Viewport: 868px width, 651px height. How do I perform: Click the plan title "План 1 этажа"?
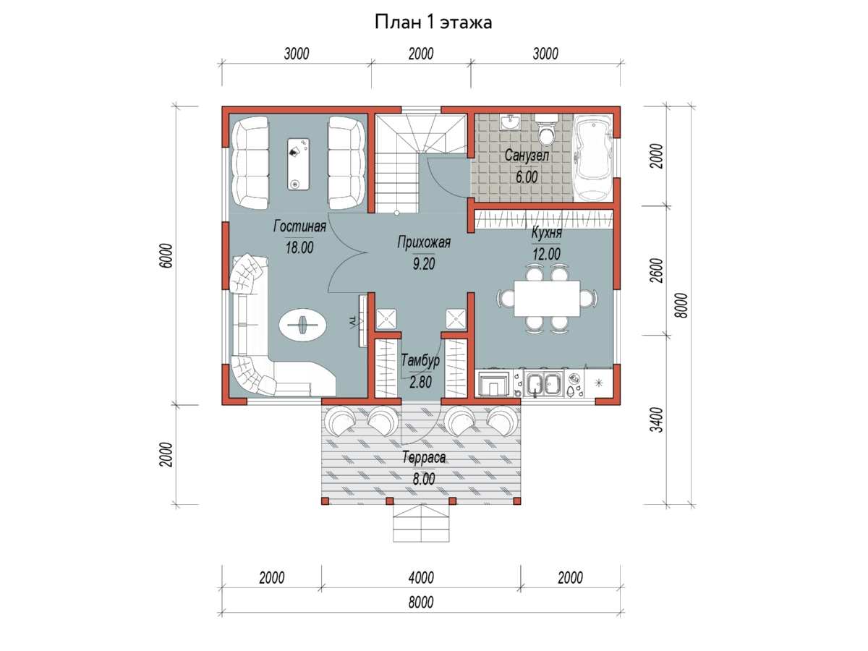[433, 22]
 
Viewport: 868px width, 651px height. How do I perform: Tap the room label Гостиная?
[299, 226]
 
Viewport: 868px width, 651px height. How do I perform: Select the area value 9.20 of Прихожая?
[424, 263]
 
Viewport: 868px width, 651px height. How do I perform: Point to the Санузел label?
[527, 156]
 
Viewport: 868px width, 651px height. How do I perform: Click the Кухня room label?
[547, 232]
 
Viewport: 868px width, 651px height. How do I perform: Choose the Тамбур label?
[420, 360]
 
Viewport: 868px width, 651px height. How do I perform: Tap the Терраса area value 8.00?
[424, 479]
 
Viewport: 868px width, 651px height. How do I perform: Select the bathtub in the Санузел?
[594, 158]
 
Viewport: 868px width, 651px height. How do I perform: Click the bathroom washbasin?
[511, 122]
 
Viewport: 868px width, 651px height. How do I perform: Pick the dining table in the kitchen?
[547, 299]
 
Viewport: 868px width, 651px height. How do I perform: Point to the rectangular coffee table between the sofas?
[299, 164]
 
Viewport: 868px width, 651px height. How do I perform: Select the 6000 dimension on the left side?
[168, 256]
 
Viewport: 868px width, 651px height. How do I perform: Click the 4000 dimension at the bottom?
[421, 578]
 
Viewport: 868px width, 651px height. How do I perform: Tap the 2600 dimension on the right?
[657, 271]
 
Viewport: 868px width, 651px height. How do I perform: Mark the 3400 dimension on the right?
[657, 420]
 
